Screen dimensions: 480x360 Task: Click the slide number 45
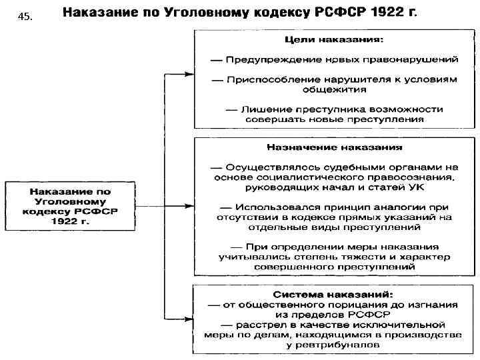click(x=25, y=18)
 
